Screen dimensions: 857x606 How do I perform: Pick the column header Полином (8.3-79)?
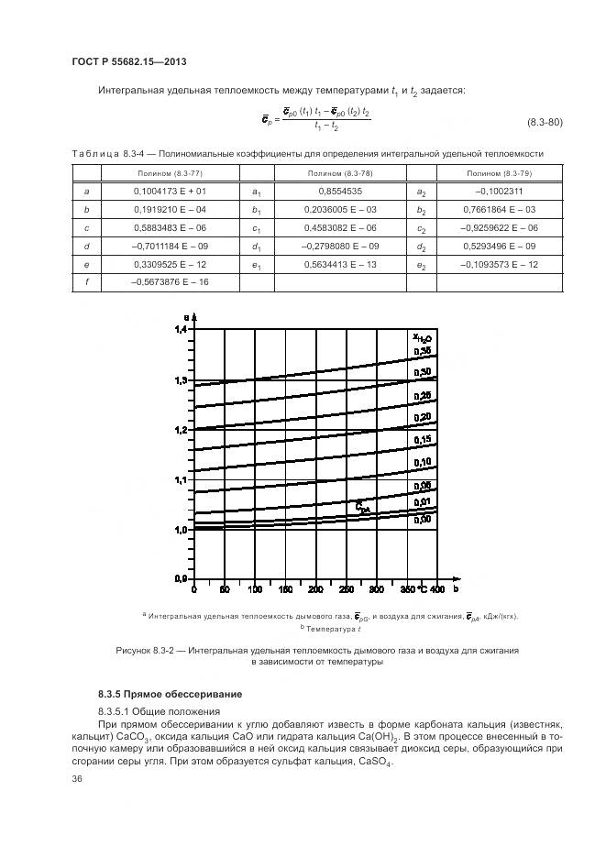[500, 173]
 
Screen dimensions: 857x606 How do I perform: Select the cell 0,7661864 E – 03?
[500, 209]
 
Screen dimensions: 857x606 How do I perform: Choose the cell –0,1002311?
[500, 191]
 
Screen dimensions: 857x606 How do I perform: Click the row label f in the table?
[86, 282]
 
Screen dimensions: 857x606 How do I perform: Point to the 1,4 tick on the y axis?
[180, 329]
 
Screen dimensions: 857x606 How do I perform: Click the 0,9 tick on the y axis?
[180, 579]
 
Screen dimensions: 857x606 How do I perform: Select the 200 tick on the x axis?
[314, 588]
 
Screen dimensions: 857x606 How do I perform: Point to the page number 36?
[77, 778]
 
